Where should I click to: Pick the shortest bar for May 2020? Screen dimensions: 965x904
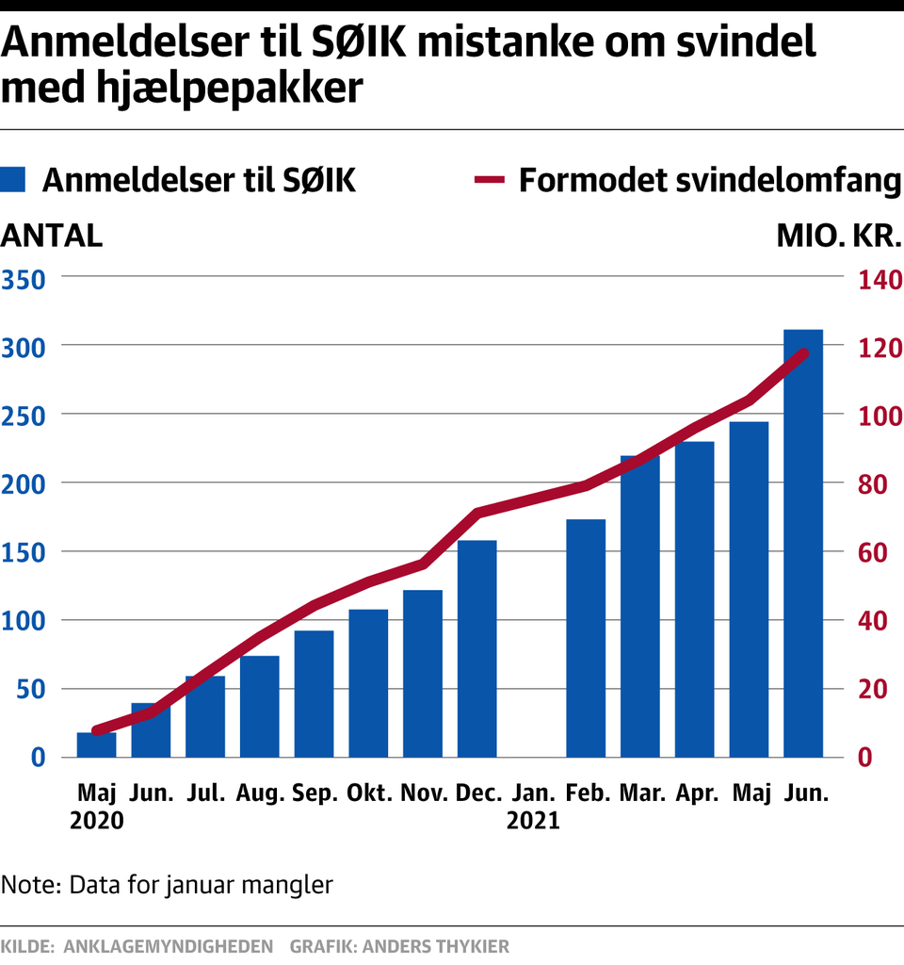[96, 744]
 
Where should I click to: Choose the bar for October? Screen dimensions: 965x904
[368, 683]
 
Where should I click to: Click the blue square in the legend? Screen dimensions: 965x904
[14, 179]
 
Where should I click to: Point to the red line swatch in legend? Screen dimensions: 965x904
[491, 179]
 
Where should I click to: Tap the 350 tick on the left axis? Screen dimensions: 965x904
[24, 279]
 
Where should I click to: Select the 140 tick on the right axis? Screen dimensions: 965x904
[878, 279]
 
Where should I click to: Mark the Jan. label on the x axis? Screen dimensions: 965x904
[532, 793]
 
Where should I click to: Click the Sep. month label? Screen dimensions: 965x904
[315, 793]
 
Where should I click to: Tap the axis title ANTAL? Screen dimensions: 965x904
[52, 235]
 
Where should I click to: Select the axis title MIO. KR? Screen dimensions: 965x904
[839, 235]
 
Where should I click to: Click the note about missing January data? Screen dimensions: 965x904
[168, 885]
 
